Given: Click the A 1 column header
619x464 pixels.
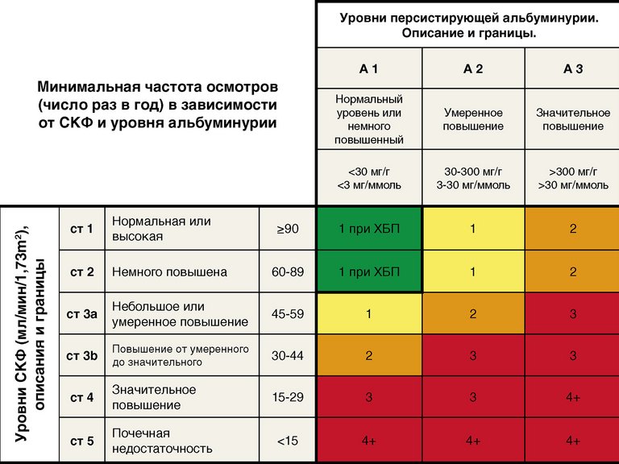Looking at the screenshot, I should [x=368, y=69].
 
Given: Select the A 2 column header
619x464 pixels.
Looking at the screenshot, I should [x=472, y=69].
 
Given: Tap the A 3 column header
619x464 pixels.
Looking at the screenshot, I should [x=572, y=69].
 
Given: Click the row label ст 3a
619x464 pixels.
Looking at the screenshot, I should [x=82, y=314].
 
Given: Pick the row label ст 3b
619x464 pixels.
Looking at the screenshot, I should [x=82, y=356].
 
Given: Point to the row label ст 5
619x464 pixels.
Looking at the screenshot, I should [x=82, y=441].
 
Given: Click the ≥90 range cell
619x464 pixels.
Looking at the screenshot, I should [x=288, y=230].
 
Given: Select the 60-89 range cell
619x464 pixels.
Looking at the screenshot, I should [x=288, y=272].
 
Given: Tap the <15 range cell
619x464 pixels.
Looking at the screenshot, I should [x=288, y=441].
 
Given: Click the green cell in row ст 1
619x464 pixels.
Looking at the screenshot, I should [x=368, y=230].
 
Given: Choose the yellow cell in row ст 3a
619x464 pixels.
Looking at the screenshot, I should [x=368, y=314].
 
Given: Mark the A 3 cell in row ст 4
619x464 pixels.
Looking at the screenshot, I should [x=572, y=398].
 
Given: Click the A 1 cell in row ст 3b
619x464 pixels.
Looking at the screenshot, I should [x=368, y=356].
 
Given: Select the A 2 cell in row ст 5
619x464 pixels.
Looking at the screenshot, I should [x=472, y=441].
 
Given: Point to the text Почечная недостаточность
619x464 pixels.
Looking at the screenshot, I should [x=162, y=441].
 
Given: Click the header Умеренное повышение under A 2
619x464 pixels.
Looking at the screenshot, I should [x=472, y=120].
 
